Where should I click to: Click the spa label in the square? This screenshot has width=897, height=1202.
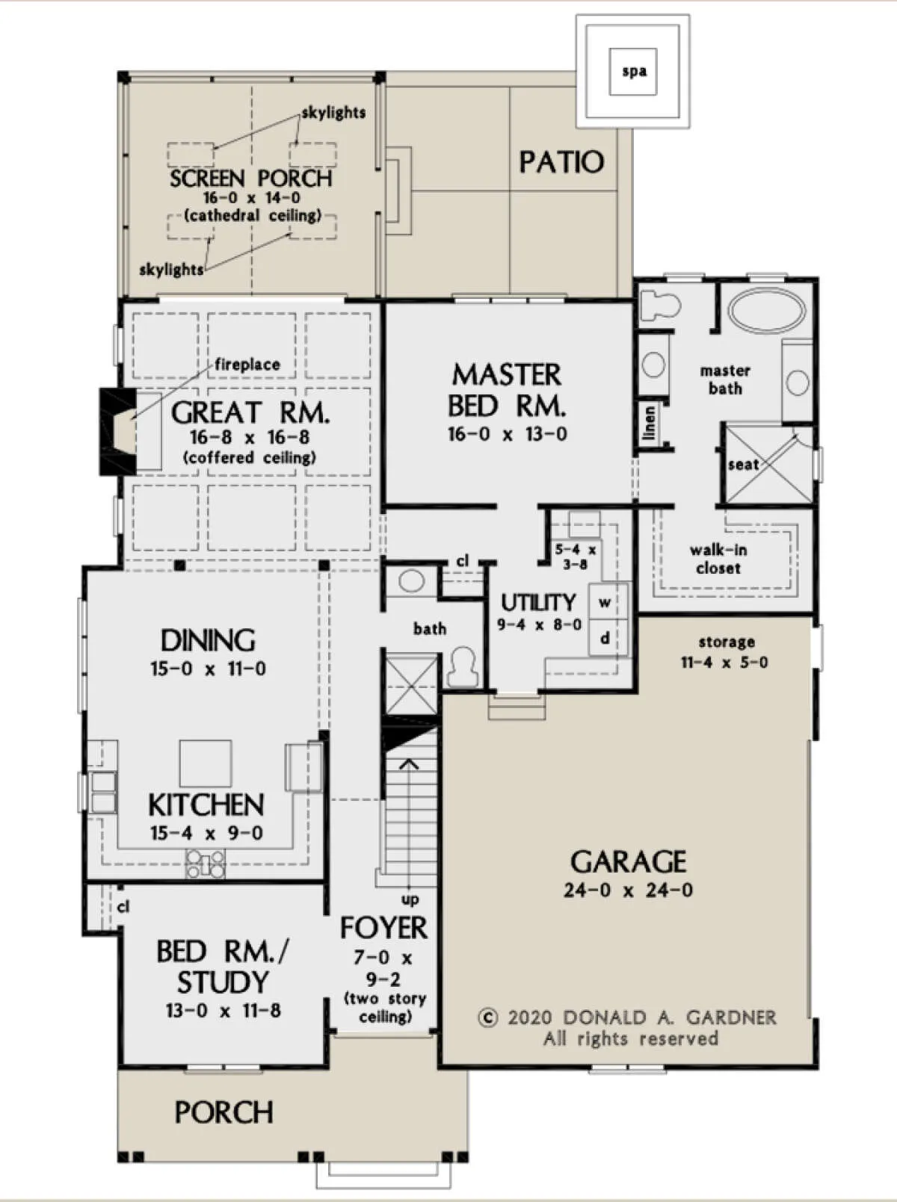(x=634, y=71)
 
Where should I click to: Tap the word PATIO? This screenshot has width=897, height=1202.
(x=561, y=163)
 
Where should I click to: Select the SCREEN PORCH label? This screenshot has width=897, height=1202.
(x=251, y=179)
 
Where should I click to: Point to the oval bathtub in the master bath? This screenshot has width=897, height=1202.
(x=767, y=311)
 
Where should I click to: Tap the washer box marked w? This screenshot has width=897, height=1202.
(x=605, y=603)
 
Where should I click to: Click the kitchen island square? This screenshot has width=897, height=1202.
(x=206, y=763)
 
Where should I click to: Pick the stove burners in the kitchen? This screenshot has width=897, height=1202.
(x=206, y=864)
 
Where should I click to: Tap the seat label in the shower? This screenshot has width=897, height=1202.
(x=743, y=465)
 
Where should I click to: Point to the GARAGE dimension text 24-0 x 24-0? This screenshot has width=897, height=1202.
(x=628, y=890)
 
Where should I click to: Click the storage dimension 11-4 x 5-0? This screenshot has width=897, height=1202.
(x=725, y=663)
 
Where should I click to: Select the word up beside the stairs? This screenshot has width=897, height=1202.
(x=410, y=900)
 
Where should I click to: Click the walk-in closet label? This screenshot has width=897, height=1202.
(x=718, y=559)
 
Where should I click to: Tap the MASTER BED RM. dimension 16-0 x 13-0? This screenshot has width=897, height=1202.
(x=508, y=434)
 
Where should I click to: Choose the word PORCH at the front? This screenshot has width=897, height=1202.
(x=224, y=1113)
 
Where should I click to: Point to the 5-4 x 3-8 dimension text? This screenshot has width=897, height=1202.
(x=576, y=557)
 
